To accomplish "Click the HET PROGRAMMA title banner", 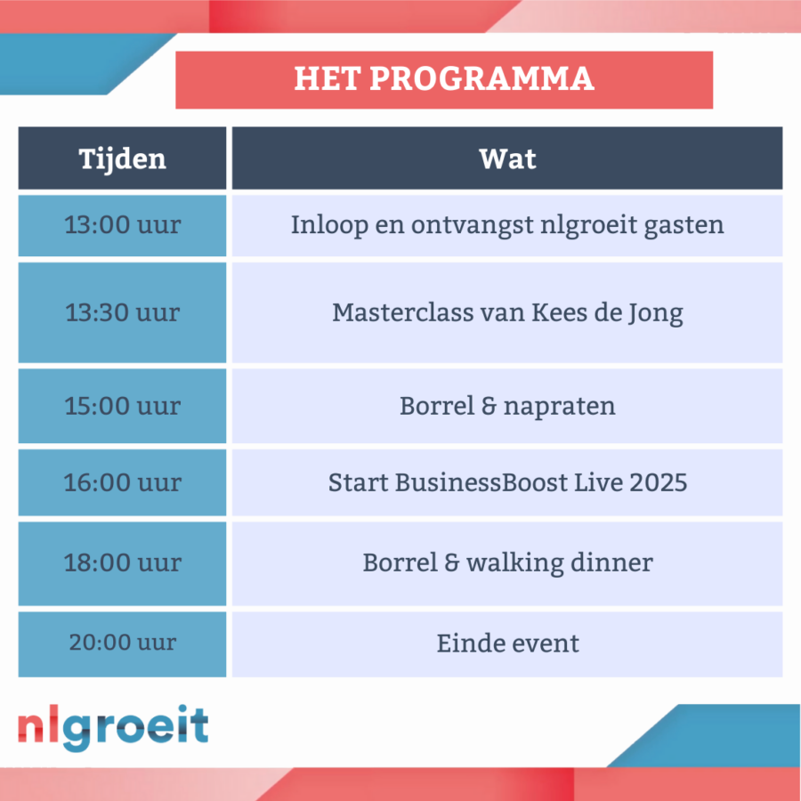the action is (444, 80).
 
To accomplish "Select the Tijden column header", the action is (122, 158).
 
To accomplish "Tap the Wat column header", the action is (507, 158).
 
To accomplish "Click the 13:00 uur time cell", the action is (122, 225).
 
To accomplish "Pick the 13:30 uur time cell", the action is (122, 312).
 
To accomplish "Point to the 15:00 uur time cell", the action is (122, 406).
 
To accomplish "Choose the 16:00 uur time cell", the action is (122, 482).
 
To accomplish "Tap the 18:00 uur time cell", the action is (122, 563).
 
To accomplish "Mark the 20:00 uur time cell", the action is (122, 644).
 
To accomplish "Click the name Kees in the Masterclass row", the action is (559, 312).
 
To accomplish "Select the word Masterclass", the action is (402, 312).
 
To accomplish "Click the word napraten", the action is (560, 407).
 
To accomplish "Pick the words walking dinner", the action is (560, 563).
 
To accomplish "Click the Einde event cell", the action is (507, 644).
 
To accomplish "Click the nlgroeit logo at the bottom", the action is (113, 727).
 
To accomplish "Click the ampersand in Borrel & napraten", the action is (489, 406).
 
